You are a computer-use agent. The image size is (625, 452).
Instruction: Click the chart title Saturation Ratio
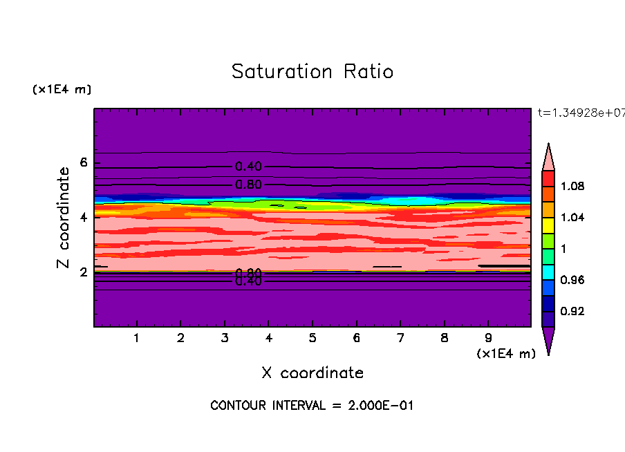tap(312, 72)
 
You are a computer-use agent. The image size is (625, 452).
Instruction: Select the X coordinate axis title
tap(312, 373)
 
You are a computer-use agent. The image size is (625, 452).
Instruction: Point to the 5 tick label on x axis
tap(312, 339)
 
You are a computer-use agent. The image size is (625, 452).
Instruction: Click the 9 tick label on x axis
tap(488, 339)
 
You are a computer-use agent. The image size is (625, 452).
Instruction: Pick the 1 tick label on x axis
tap(137, 339)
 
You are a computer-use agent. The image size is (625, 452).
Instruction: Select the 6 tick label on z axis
tap(84, 163)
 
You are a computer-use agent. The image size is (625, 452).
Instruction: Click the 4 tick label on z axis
tap(84, 218)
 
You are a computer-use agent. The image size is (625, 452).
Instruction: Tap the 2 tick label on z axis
tap(84, 272)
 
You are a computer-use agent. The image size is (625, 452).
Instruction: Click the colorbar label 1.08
tap(572, 187)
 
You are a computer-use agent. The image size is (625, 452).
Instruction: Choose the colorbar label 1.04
tap(572, 218)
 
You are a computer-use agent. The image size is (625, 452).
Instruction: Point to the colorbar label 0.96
tap(572, 280)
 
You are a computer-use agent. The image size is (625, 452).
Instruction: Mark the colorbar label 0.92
tap(572, 312)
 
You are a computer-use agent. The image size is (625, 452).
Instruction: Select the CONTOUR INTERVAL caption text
tap(312, 406)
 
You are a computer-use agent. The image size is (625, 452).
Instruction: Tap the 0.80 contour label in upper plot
tap(248, 185)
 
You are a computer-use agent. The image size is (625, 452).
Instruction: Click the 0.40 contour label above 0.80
tap(248, 167)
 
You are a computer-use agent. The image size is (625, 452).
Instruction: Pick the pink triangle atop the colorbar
tap(548, 156)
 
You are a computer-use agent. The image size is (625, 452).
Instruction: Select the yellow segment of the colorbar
tap(548, 225)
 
